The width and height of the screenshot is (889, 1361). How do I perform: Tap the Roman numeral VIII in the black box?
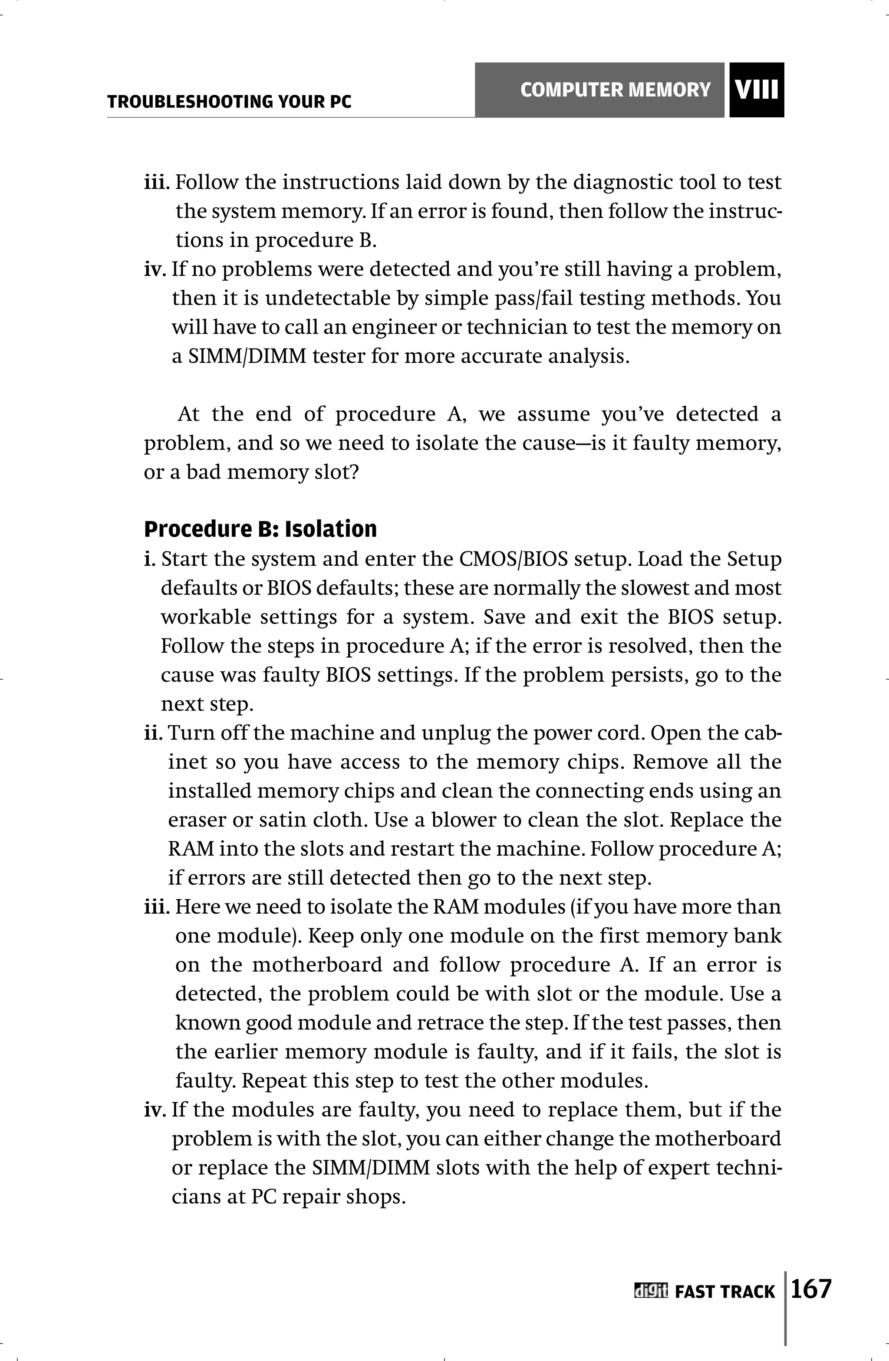tap(757, 90)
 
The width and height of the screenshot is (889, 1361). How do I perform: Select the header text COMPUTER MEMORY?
tap(616, 90)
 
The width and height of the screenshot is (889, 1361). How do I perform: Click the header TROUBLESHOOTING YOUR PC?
tap(229, 102)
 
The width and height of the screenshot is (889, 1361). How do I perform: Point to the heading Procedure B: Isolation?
tap(260, 529)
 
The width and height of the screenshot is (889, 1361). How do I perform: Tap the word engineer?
tap(392, 328)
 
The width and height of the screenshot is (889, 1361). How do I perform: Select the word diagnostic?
tap(621, 183)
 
